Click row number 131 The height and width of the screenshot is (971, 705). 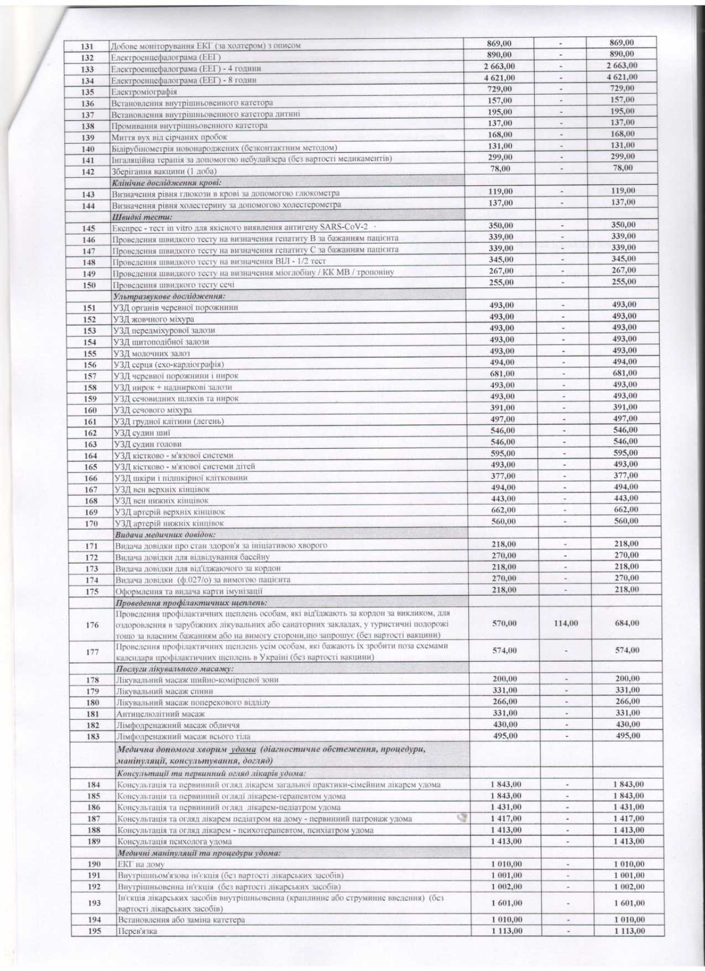click(x=87, y=46)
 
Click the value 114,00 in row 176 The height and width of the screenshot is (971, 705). click(x=566, y=623)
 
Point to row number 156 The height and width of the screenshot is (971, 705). click(x=90, y=365)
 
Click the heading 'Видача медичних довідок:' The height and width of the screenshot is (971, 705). click(x=165, y=534)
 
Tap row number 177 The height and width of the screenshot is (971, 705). click(x=92, y=652)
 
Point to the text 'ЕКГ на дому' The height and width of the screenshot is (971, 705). click(x=141, y=864)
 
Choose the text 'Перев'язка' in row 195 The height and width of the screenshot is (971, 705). click(x=137, y=931)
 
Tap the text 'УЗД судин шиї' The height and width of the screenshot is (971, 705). click(x=142, y=433)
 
